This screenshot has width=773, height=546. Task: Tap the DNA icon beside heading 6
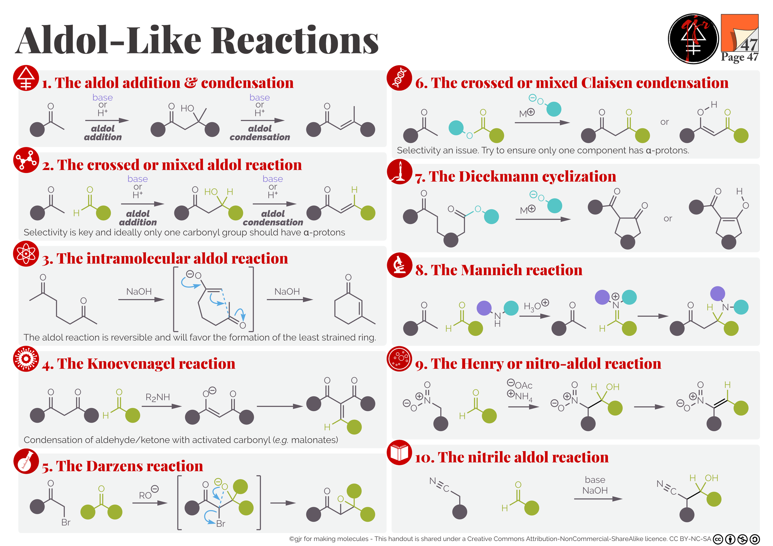(x=399, y=78)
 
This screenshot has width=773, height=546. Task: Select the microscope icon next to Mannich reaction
(x=399, y=265)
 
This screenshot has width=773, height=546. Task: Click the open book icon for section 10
(x=399, y=452)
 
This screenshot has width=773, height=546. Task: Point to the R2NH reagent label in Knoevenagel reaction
(x=158, y=397)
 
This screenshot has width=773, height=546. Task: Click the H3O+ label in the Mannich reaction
(x=536, y=306)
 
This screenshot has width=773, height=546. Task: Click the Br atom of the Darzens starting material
(x=66, y=523)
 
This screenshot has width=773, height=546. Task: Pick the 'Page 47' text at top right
(x=739, y=57)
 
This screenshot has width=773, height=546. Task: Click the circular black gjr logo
(x=693, y=39)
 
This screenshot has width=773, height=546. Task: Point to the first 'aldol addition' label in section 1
(x=103, y=133)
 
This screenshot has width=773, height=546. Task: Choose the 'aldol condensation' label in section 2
(x=273, y=218)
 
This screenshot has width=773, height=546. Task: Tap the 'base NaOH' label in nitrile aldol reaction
(x=595, y=485)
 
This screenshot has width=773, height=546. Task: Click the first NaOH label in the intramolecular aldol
(x=139, y=292)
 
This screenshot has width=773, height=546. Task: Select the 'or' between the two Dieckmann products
(x=668, y=219)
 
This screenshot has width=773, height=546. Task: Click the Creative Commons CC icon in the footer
(x=718, y=539)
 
